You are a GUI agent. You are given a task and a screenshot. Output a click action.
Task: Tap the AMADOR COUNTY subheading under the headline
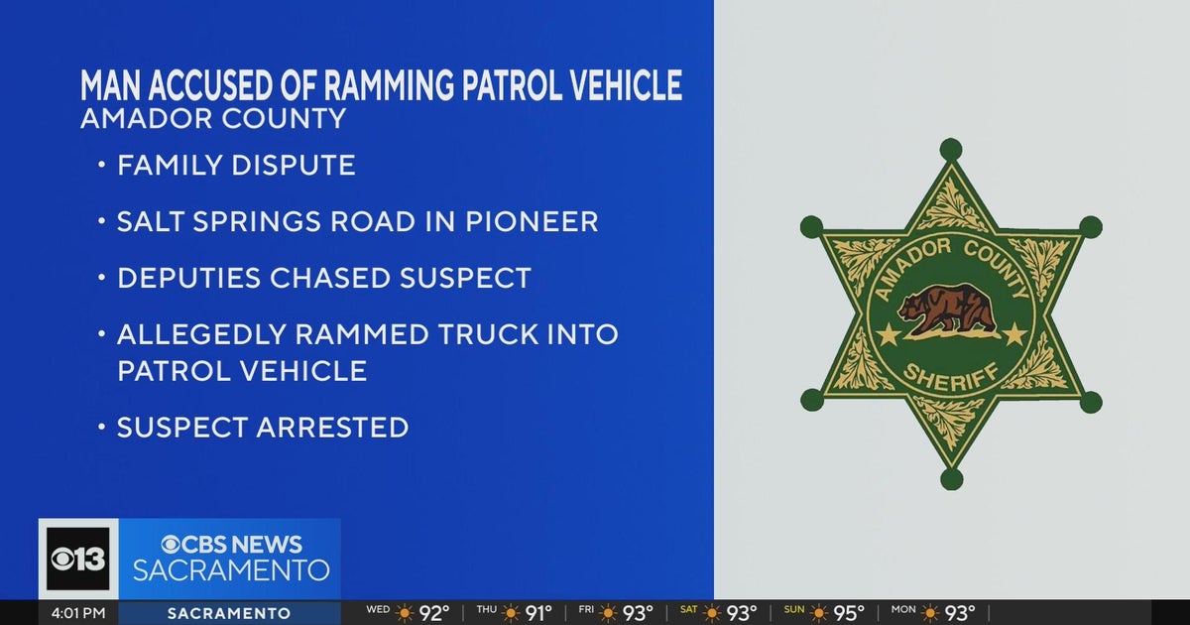(x=213, y=120)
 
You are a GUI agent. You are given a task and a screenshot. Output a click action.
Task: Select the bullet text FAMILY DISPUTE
(x=236, y=166)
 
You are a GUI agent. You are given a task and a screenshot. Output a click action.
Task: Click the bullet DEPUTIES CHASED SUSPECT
(x=324, y=279)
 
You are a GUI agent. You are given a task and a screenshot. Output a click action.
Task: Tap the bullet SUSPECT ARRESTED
(x=263, y=428)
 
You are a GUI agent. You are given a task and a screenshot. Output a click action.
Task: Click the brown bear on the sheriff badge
(x=950, y=311)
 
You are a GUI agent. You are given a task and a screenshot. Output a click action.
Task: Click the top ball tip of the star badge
(x=951, y=150)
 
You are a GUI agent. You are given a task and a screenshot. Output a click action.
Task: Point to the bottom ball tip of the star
(x=951, y=479)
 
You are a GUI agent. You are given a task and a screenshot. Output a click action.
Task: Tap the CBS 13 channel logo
(x=78, y=559)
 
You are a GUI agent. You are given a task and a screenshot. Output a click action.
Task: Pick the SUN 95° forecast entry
(x=822, y=613)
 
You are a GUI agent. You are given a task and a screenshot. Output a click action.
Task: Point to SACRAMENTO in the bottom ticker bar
(x=229, y=613)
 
